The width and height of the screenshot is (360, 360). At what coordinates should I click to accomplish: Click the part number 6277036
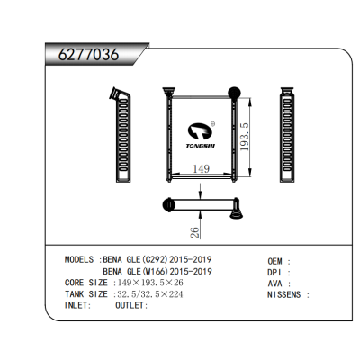88,54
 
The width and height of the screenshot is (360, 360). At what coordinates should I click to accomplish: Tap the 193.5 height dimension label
246,132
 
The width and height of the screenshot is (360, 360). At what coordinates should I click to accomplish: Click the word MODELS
81,259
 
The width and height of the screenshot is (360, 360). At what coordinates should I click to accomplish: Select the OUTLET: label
131,306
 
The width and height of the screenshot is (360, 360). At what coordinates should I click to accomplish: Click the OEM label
275,259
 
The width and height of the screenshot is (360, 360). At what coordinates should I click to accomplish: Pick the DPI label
274,271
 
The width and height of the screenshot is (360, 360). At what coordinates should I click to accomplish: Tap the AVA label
274,283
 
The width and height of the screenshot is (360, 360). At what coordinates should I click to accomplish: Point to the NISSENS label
285,294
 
